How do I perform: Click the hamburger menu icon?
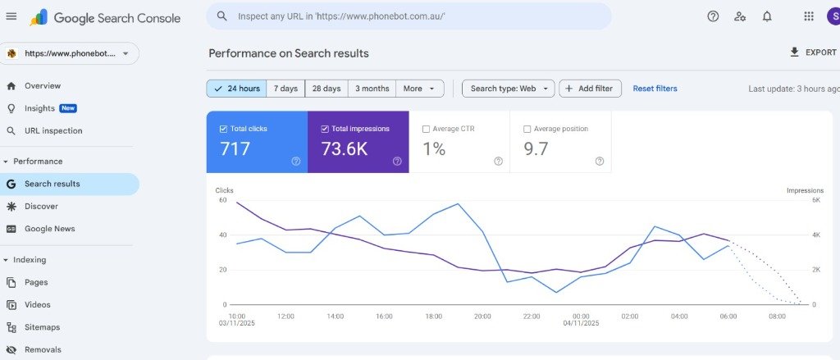point(11,16)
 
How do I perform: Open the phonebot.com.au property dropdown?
point(70,53)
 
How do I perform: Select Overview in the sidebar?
point(42,86)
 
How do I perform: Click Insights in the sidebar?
point(39,108)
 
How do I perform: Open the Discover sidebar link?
point(41,207)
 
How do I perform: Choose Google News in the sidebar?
point(49,229)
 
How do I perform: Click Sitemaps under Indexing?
point(42,327)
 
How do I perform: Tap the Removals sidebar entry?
point(43,349)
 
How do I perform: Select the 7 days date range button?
point(285,89)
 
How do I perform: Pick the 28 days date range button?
point(326,89)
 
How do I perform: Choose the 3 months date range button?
point(372,89)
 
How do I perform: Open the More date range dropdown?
point(420,89)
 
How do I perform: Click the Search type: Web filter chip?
point(508,89)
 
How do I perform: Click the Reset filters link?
point(655,89)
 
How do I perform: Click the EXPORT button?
point(812,52)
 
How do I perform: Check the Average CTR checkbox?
point(426,129)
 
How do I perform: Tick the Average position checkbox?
point(527,129)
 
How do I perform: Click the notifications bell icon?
point(767,16)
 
